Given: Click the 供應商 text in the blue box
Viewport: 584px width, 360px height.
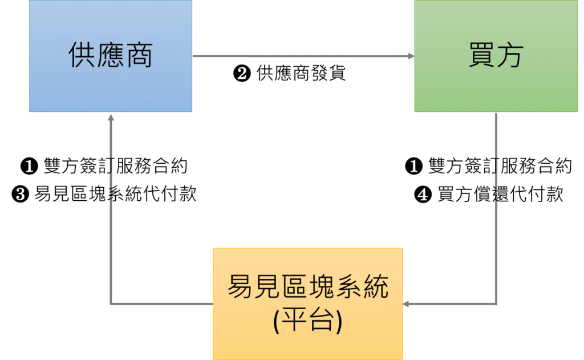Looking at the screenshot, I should pyautogui.click(x=111, y=56).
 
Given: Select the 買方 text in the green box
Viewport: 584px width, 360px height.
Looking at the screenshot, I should pyautogui.click(x=496, y=56).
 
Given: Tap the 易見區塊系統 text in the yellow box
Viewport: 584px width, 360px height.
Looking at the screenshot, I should pyautogui.click(x=307, y=287).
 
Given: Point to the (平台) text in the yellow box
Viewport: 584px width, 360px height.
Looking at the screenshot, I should pyautogui.click(x=307, y=321).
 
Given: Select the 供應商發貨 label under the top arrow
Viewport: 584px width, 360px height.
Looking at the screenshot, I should pyautogui.click(x=302, y=74).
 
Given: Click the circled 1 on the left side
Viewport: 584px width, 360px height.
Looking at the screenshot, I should pyautogui.click(x=29, y=167).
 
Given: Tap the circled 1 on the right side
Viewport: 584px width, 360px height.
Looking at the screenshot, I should pyautogui.click(x=413, y=167).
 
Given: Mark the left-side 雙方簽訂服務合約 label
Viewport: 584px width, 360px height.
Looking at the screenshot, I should pyautogui.click(x=115, y=167).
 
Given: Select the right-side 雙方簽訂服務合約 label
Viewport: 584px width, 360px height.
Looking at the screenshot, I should pyautogui.click(x=500, y=167).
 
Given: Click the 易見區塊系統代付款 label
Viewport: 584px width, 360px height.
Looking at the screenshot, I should pyautogui.click(x=115, y=195).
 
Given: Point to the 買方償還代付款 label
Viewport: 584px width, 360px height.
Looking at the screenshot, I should pyautogui.click(x=500, y=195).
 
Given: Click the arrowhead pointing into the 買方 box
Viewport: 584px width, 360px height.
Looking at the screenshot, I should pyautogui.click(x=411, y=56).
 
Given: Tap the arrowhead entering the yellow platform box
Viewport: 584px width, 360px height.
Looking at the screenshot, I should pyautogui.click(x=407, y=305).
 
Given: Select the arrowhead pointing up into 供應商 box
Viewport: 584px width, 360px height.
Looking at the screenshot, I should pyautogui.click(x=111, y=116).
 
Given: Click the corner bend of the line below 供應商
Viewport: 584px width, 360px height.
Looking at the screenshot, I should pyautogui.click(x=111, y=305).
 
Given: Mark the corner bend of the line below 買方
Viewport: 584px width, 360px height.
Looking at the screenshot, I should pyautogui.click(x=497, y=305).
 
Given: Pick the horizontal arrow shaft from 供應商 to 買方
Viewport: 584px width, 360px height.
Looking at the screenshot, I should pyautogui.click(x=302, y=56).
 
